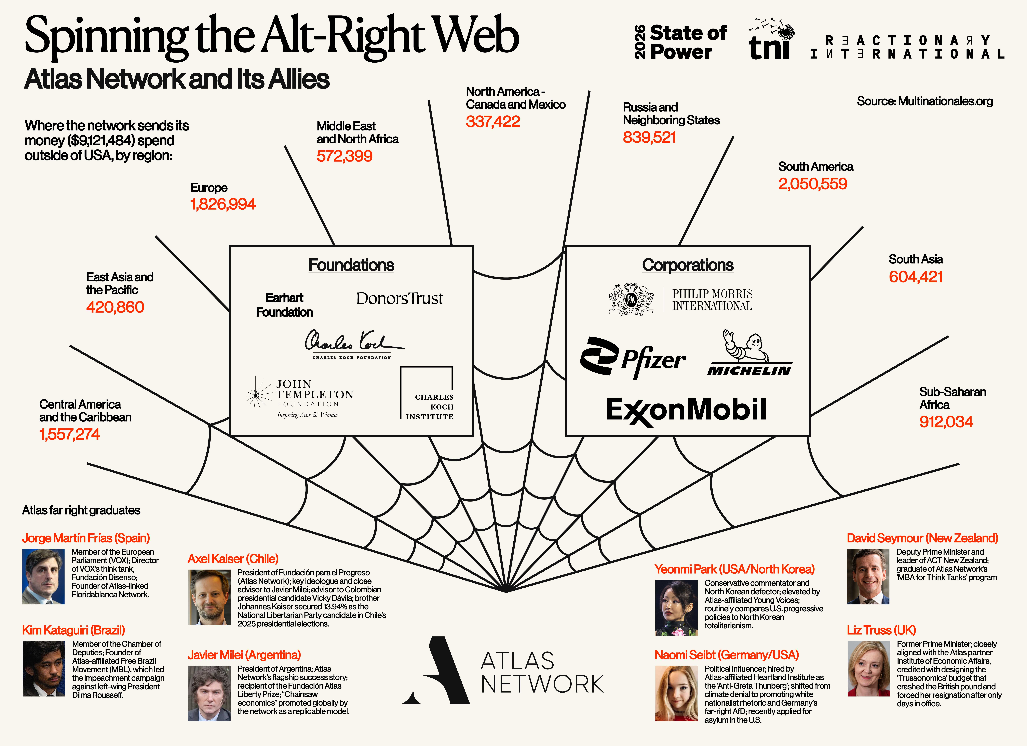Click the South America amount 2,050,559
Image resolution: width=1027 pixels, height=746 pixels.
pos(812,184)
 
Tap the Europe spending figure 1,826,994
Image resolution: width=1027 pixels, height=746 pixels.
pos(223,204)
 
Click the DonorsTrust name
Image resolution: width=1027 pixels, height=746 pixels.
pos(399,299)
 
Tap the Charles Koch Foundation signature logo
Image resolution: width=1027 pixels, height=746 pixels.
pos(353,344)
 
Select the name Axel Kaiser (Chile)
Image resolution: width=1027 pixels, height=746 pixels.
pos(233,559)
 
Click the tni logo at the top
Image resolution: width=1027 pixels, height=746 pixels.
pos(770,41)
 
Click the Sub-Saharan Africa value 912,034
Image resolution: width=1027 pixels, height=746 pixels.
pos(945,422)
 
